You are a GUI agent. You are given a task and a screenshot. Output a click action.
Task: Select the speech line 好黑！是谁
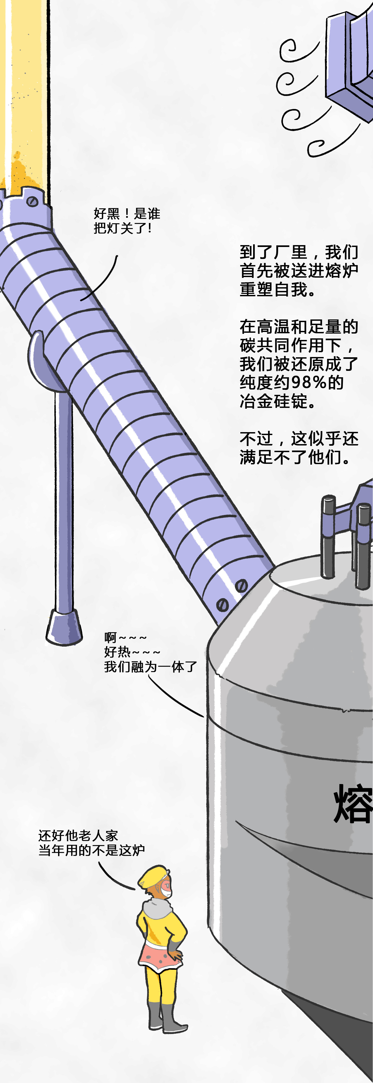click(127, 214)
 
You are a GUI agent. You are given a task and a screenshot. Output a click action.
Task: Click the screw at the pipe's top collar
click(32, 201)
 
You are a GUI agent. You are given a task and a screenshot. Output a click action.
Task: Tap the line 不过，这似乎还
click(299, 439)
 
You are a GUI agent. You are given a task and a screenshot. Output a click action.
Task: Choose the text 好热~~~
click(132, 652)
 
